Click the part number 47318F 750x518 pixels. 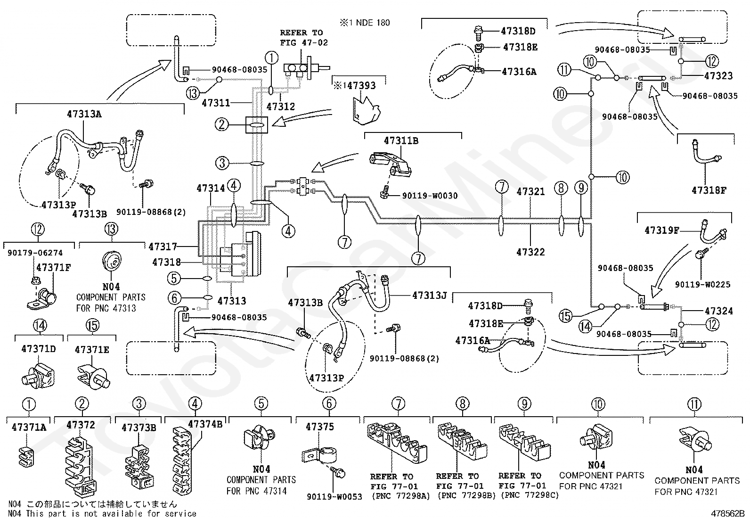709,190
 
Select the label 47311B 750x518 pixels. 401,141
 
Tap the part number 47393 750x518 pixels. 361,86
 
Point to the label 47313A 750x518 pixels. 84,114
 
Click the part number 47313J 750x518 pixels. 430,296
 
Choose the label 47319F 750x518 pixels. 662,230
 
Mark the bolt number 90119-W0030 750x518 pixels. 430,196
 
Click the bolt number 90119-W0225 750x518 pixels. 702,285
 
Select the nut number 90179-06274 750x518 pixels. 35,253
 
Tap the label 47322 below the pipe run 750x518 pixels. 530,252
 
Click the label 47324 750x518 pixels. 718,311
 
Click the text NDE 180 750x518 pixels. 373,23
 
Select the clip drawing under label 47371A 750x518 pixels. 26,456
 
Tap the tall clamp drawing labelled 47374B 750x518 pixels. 182,460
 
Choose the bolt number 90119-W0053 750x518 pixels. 334,497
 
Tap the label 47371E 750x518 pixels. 92,350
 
